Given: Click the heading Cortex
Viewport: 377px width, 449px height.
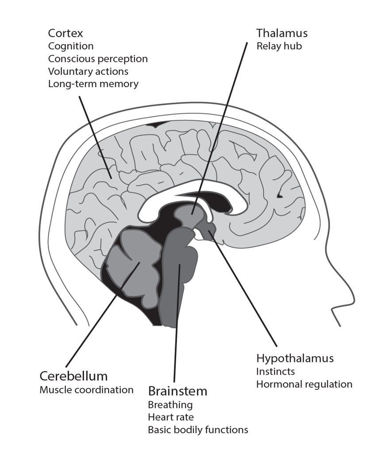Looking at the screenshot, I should [65, 34].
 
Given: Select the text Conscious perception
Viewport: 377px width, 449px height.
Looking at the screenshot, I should [98, 59].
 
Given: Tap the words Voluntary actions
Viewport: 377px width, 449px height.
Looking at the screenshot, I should [88, 71].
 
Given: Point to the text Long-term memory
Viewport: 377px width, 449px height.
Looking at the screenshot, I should [93, 84].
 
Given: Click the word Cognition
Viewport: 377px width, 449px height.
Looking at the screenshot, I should [71, 46].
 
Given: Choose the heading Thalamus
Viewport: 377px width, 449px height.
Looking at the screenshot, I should [282, 34].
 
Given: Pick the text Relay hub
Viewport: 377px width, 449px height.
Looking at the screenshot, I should [279, 46].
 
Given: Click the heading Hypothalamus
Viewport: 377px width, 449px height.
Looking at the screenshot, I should [295, 358].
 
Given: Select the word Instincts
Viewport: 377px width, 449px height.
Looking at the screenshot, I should [276, 372].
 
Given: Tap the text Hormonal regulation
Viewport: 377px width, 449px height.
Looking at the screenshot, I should [304, 384].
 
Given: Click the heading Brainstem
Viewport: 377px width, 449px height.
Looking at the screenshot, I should [177, 391].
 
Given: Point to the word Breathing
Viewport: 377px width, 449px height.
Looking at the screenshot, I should [170, 404].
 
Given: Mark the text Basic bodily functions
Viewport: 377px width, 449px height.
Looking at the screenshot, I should [198, 429].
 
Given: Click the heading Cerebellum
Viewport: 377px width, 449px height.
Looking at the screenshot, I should [73, 377].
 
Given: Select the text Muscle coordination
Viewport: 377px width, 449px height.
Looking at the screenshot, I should [86, 390].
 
